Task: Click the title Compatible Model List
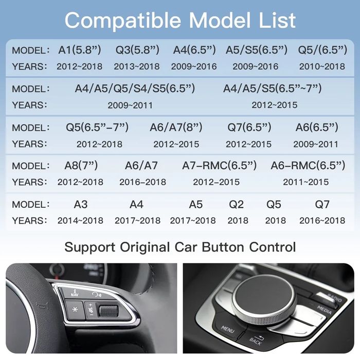[180, 20]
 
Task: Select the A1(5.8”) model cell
[80, 50]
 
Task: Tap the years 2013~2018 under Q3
[137, 66]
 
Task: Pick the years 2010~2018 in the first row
[322, 66]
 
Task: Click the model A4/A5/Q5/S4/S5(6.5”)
[135, 88]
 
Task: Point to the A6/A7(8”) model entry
[176, 127]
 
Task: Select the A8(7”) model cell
[81, 165]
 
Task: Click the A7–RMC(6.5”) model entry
[219, 165]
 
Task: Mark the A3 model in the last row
[81, 204]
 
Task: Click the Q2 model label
[237, 204]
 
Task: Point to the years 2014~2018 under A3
[80, 221]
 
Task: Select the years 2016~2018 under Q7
[322, 221]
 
